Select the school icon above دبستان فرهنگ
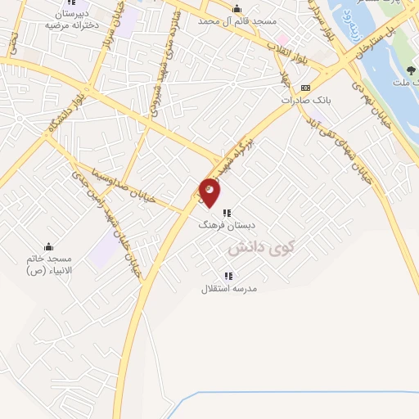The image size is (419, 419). click(227, 212)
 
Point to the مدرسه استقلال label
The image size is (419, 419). click(230, 288)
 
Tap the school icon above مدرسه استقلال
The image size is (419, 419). click(228, 276)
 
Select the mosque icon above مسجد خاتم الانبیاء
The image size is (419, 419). click(48, 246)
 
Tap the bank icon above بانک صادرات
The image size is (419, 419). click(305, 87)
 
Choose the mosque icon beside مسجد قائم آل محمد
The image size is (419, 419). click(237, 9)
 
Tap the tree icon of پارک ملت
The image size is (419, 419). click(411, 70)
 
